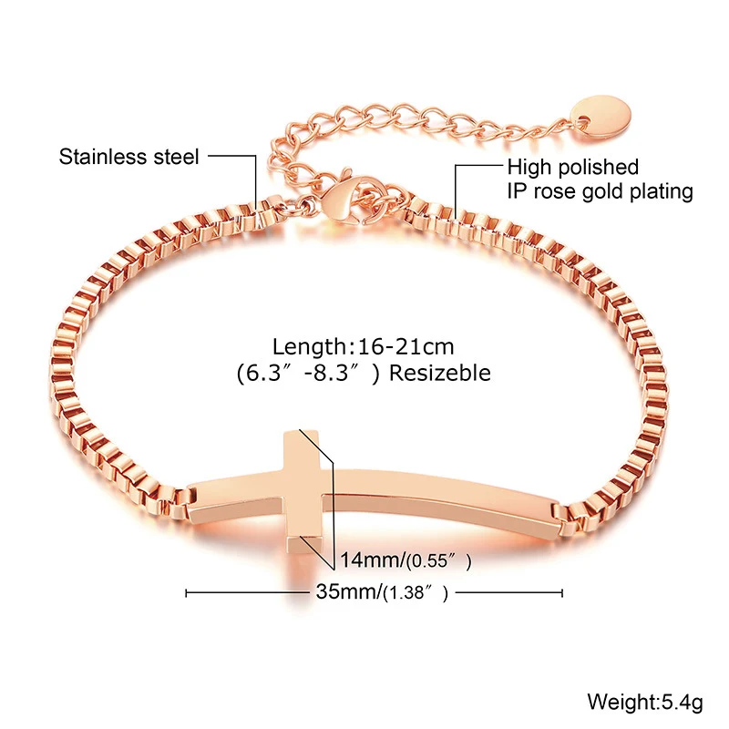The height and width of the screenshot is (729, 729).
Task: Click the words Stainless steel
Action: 128,157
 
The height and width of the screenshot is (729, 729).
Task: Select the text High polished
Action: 572,168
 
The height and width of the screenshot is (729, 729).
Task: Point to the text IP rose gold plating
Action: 600,191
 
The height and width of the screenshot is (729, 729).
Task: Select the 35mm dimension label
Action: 347,593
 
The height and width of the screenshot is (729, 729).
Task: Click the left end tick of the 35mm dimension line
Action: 186,593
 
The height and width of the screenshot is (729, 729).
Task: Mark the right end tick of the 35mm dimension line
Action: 562,593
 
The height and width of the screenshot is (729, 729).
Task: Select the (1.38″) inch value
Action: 416,594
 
